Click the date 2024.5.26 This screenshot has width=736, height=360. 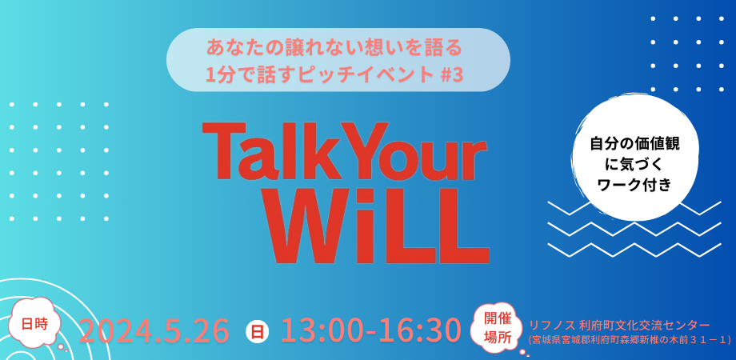[x=154, y=330]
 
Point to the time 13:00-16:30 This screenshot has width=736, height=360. [x=371, y=330]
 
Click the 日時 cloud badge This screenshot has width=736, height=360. [x=35, y=324]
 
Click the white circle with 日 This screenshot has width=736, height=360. [x=258, y=330]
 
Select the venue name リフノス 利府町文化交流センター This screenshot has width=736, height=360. [x=619, y=325]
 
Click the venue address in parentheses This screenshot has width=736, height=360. [x=630, y=340]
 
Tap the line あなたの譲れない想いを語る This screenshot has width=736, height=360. [x=335, y=46]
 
